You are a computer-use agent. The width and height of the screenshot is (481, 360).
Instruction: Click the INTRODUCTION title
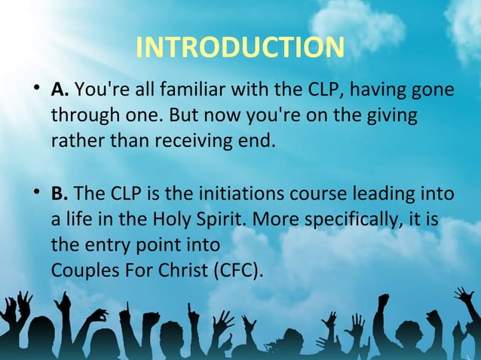click(240, 47)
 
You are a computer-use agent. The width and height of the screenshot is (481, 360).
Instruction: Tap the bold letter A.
click(60, 90)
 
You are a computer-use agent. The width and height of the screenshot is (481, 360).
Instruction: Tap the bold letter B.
click(60, 194)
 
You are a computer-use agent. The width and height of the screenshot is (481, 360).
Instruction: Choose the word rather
click(75, 141)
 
